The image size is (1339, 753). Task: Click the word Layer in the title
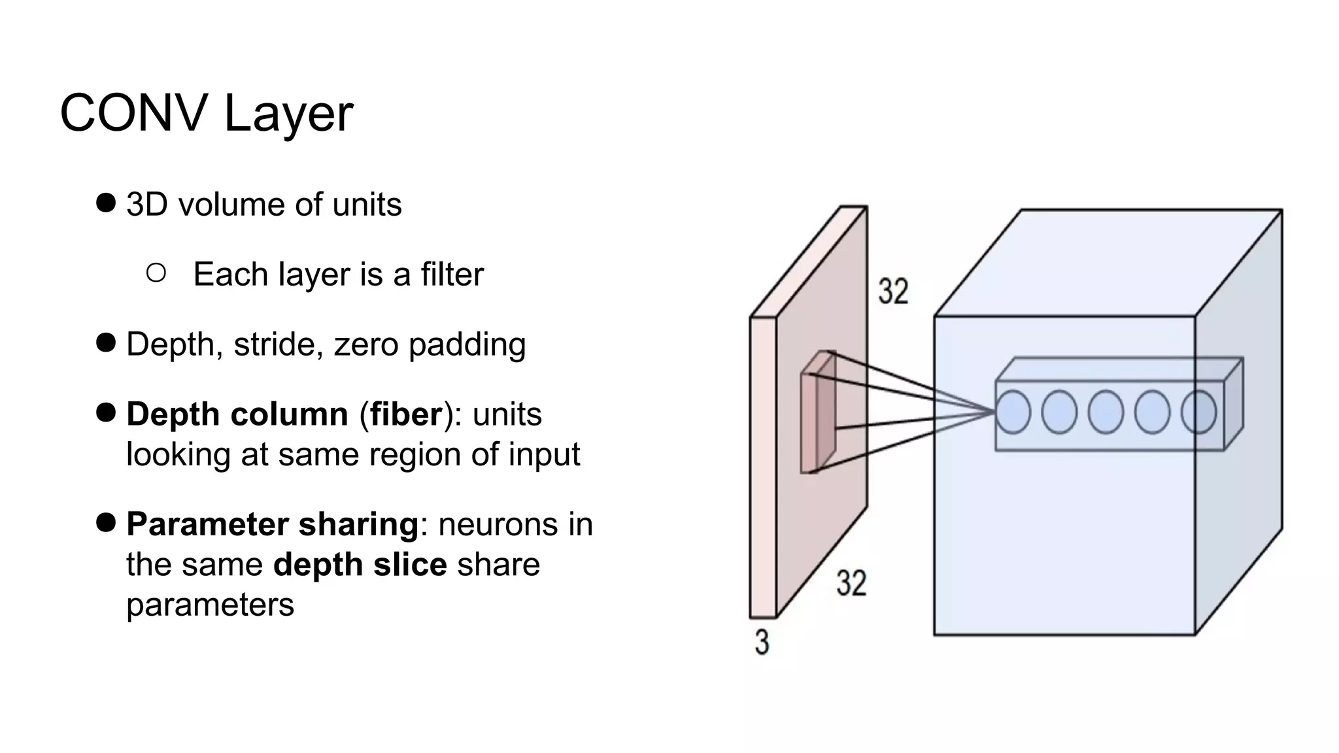click(x=288, y=115)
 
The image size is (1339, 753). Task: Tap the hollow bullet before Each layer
click(x=156, y=273)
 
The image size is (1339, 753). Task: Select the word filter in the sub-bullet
click(x=452, y=274)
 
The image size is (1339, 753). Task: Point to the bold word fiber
click(x=406, y=414)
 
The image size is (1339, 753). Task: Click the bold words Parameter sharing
click(x=272, y=524)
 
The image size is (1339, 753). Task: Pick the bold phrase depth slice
click(x=360, y=565)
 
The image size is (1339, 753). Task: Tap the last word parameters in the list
click(x=210, y=605)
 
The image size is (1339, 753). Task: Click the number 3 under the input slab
click(x=762, y=642)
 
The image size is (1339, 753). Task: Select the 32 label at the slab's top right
click(x=893, y=291)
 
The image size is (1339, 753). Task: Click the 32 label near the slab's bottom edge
click(x=851, y=582)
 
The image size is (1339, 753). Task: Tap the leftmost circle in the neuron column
click(x=1013, y=412)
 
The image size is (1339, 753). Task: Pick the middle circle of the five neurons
click(x=1106, y=412)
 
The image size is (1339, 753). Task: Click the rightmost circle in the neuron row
click(x=1198, y=412)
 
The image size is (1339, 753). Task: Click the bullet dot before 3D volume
click(x=105, y=203)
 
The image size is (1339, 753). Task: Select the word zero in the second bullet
click(x=365, y=344)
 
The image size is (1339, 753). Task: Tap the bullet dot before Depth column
click(x=105, y=412)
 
